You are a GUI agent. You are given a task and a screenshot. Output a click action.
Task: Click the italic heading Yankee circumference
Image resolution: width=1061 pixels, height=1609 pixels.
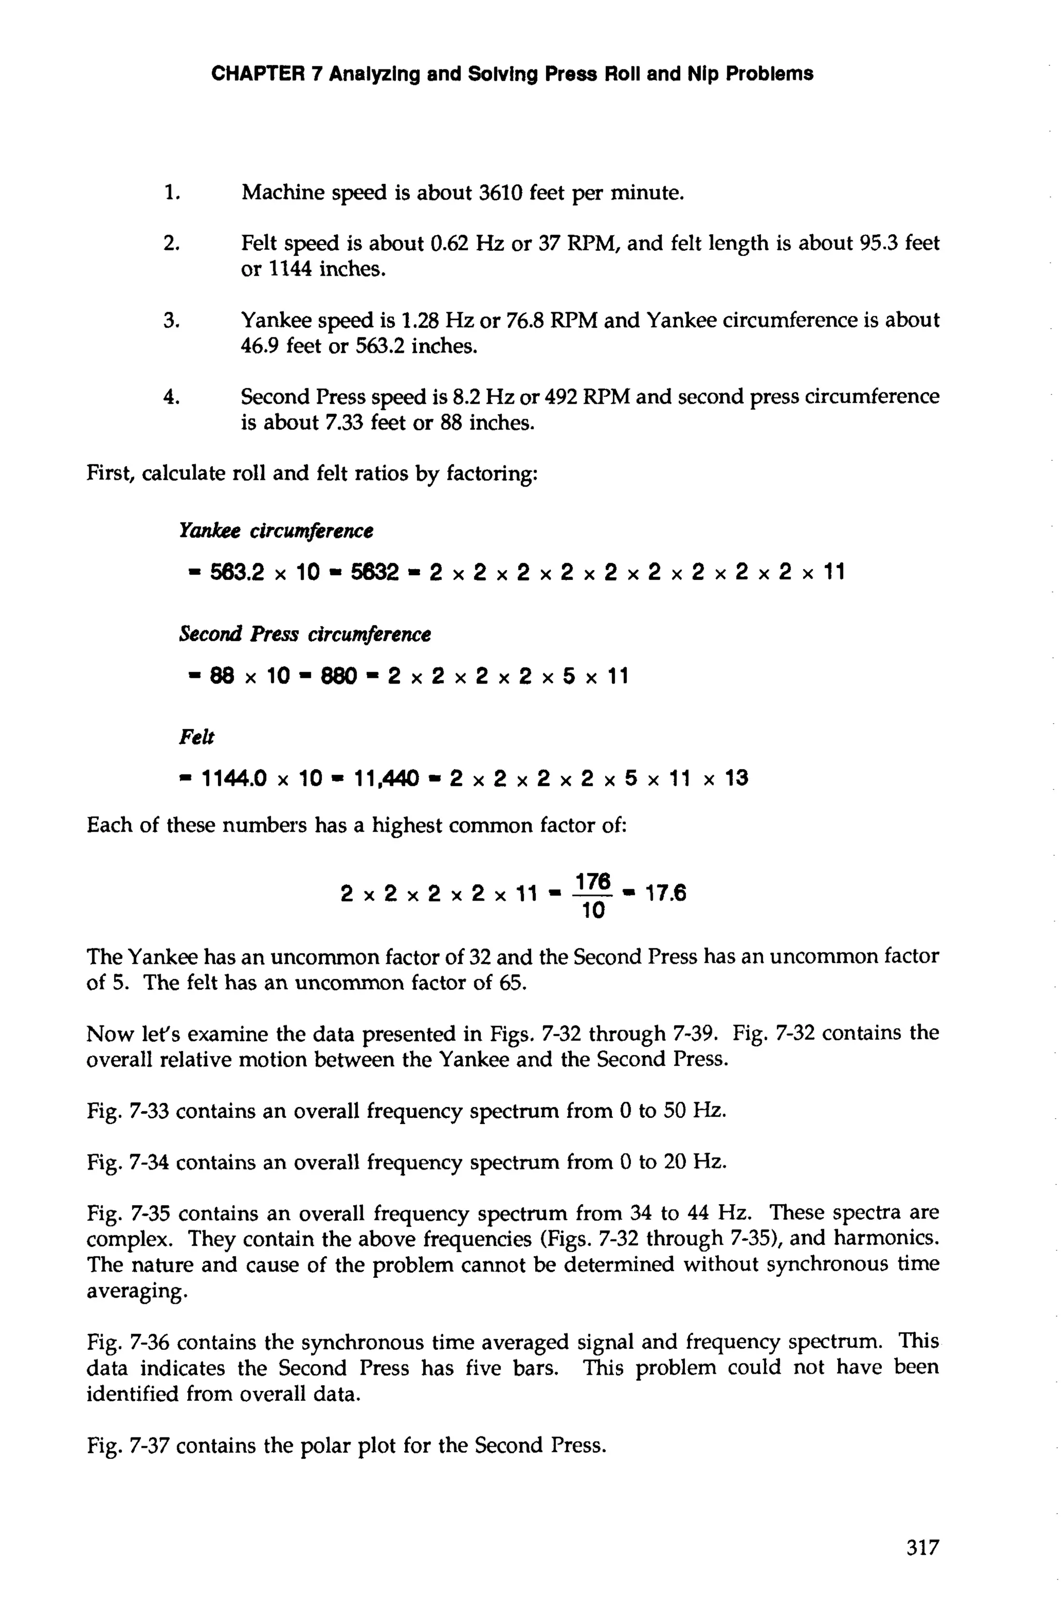pyautogui.click(x=276, y=531)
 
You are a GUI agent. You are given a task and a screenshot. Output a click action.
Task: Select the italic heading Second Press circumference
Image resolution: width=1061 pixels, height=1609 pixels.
pyautogui.click(x=305, y=635)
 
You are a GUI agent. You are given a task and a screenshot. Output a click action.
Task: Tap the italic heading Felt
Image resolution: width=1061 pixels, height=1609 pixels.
pyautogui.click(x=196, y=737)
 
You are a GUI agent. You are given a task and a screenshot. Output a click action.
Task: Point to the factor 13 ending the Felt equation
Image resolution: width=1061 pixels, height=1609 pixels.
pyautogui.click(x=736, y=779)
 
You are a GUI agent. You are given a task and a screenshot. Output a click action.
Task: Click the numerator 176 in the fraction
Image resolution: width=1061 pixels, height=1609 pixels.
pyautogui.click(x=593, y=881)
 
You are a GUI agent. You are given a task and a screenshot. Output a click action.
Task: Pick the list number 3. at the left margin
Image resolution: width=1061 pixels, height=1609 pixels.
pyautogui.click(x=171, y=320)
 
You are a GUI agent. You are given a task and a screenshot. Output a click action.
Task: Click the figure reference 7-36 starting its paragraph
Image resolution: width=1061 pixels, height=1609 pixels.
pyautogui.click(x=150, y=1342)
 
